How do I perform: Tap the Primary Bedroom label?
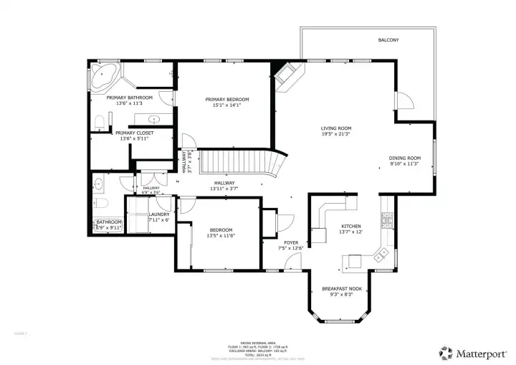click(x=226, y=99)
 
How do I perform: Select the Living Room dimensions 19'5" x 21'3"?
click(x=335, y=135)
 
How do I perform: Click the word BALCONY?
click(x=388, y=40)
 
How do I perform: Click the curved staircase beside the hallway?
click(x=240, y=163)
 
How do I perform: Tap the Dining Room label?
click(x=404, y=158)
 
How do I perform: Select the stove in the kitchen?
click(x=387, y=219)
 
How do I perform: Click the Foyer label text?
click(x=291, y=243)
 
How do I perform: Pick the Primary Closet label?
click(x=134, y=133)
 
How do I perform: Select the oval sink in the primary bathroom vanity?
click(x=154, y=118)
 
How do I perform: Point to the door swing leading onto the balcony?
click(x=403, y=100)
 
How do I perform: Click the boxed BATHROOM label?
click(x=110, y=222)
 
